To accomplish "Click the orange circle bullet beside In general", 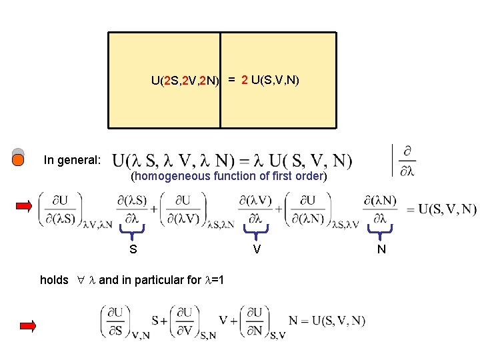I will pyautogui.click(x=19, y=160).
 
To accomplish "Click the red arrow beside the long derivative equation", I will pyautogui.click(x=24, y=206).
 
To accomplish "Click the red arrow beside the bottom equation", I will pyautogui.click(x=27, y=326).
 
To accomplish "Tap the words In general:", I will pyautogui.click(x=72, y=160).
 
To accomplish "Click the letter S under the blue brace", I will pyautogui.click(x=133, y=249).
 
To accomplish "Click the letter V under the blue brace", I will pyautogui.click(x=256, y=249).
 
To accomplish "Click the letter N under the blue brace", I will pyautogui.click(x=381, y=249).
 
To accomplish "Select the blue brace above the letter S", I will pyautogui.click(x=133, y=231).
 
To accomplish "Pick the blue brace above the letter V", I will pyautogui.click(x=256, y=231).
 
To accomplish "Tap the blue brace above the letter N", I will pyautogui.click(x=381, y=231).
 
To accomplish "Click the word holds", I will pyautogui.click(x=54, y=280).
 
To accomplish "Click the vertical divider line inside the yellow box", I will pyautogui.click(x=220, y=80).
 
